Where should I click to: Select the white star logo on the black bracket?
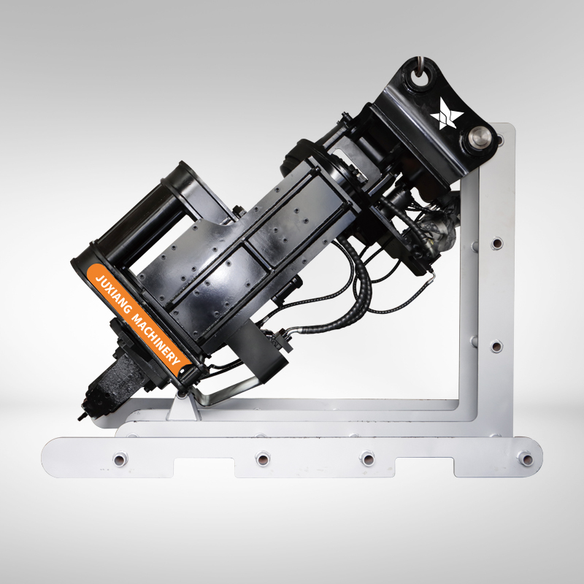point(447,114)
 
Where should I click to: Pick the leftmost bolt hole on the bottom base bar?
point(120,459)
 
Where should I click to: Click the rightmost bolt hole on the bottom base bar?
point(526,458)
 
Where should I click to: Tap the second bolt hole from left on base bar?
point(263,458)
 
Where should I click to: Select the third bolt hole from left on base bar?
point(367,458)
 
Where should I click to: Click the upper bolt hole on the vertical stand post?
point(496,243)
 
